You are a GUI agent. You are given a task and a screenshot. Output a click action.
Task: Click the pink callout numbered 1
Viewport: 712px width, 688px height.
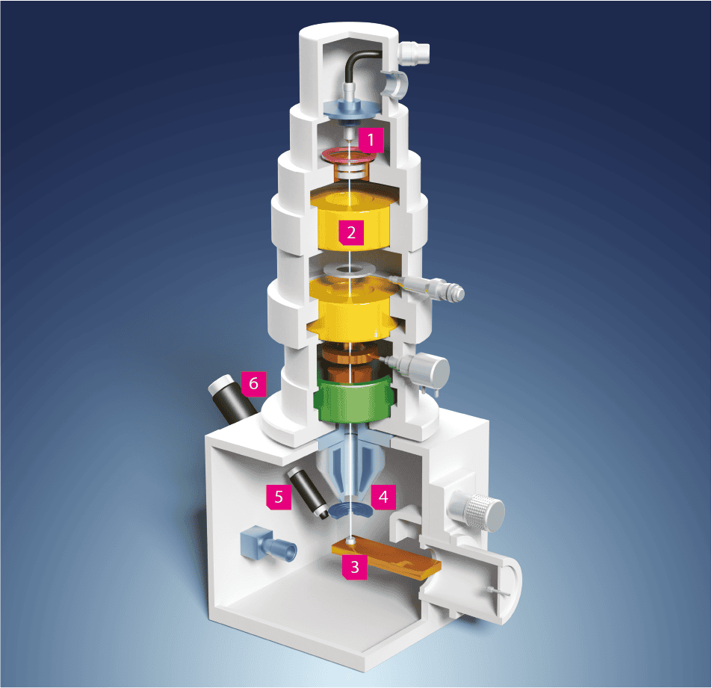pyautogui.click(x=371, y=140)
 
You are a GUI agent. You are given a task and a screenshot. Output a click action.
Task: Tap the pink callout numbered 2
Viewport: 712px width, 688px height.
pyautogui.click(x=351, y=232)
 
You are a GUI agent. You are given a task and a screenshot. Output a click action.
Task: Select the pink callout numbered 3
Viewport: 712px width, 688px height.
pyautogui.click(x=355, y=567)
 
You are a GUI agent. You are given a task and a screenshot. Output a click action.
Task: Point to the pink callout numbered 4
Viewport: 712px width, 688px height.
pyautogui.click(x=383, y=497)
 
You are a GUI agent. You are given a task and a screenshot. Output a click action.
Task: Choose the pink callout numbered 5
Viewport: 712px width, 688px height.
pyautogui.click(x=279, y=497)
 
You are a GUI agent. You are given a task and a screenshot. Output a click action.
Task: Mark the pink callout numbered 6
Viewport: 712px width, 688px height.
pyautogui.click(x=253, y=384)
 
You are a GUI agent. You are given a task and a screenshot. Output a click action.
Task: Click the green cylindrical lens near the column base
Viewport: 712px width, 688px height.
pyautogui.click(x=353, y=399)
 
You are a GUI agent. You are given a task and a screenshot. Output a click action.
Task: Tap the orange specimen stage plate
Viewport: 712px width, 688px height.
pyautogui.click(x=386, y=559)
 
